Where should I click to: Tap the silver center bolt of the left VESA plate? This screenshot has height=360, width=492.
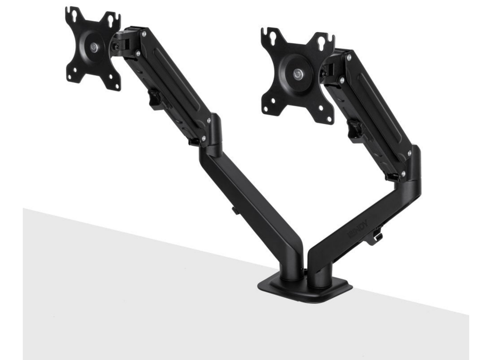pyautogui.click(x=93, y=46)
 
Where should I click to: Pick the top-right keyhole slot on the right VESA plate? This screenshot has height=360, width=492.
pyautogui.click(x=325, y=41)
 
